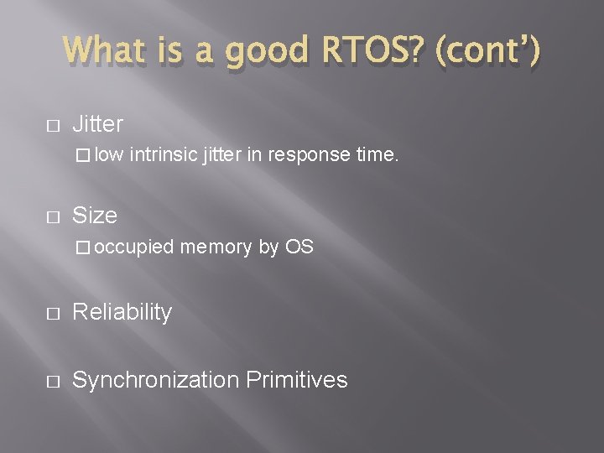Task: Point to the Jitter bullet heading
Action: (x=97, y=125)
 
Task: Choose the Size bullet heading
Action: (x=95, y=216)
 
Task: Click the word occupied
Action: (x=134, y=247)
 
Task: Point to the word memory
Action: (x=215, y=247)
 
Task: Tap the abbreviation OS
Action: (x=299, y=247)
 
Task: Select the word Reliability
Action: (x=122, y=312)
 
